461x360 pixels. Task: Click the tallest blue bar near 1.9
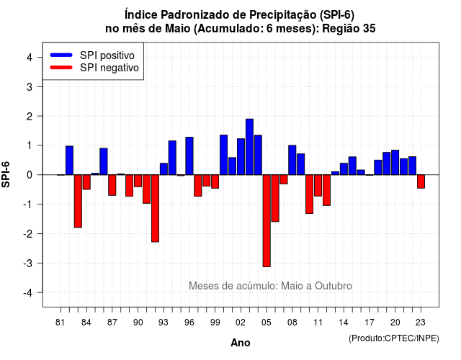249,147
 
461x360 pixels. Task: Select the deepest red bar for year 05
267,221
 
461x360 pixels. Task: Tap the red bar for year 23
421,181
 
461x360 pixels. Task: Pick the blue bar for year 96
189,156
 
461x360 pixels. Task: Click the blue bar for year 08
292,160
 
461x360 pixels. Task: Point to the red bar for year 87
112,185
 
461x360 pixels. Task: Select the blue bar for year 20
395,163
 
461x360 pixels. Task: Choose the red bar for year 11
318,186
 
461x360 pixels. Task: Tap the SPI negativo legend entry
94,68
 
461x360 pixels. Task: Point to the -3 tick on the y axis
28,264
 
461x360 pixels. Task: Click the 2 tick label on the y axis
30,117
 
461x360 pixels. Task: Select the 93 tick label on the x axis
164,323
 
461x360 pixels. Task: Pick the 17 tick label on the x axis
370,323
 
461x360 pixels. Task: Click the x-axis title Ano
241,343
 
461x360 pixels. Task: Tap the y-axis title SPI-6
6,174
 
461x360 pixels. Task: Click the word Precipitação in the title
283,14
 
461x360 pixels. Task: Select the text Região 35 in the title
349,29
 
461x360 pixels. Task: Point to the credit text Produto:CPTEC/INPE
394,338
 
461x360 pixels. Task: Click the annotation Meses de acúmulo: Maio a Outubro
270,286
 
